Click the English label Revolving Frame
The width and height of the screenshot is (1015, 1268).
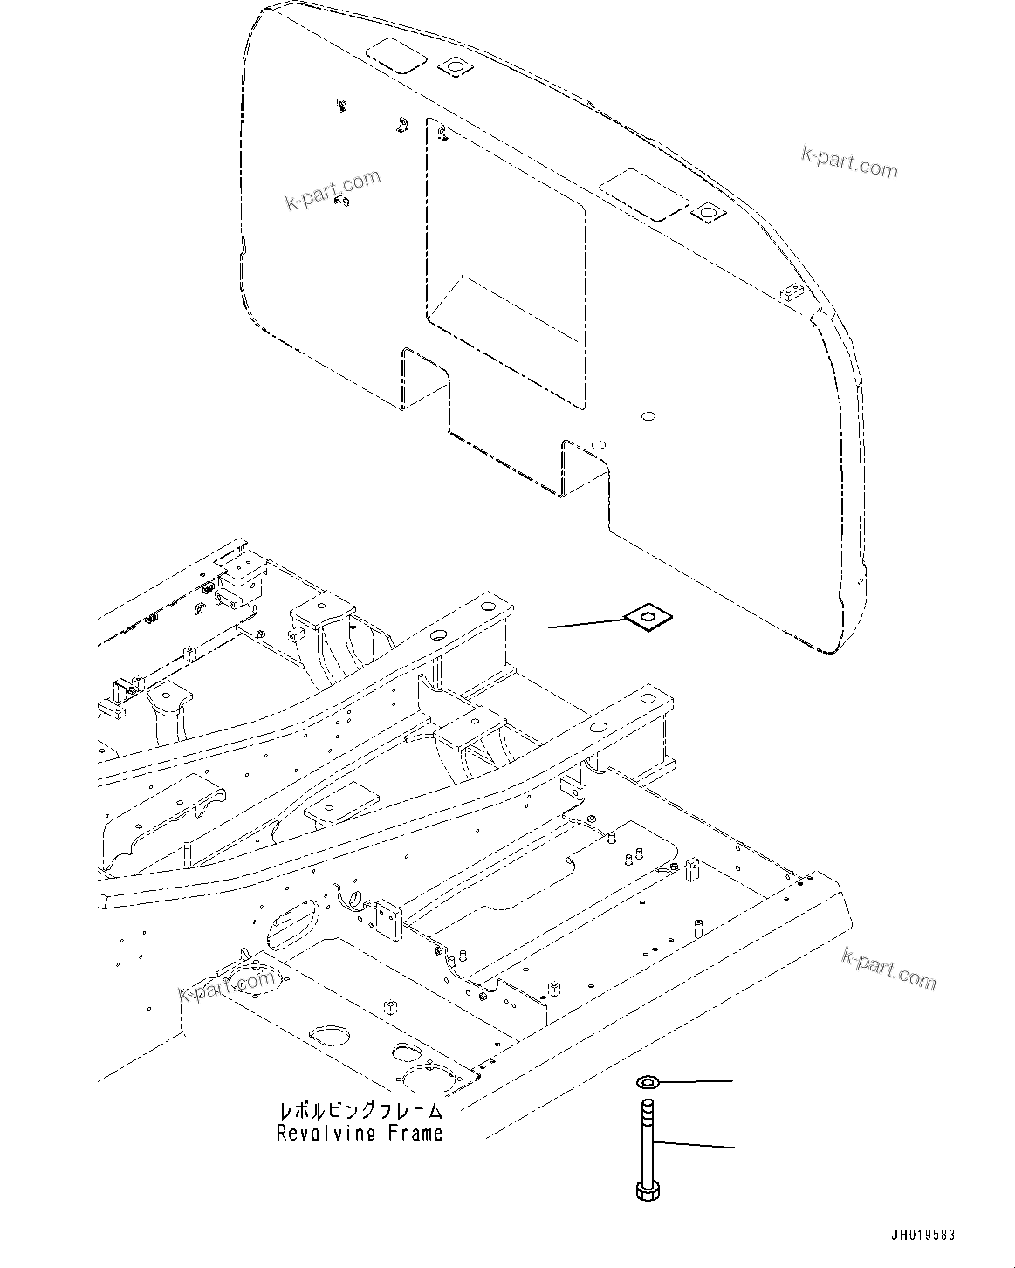[x=360, y=1134]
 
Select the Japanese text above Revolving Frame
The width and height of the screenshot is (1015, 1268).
[x=360, y=1111]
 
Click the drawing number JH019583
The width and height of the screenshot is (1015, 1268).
[x=922, y=1236]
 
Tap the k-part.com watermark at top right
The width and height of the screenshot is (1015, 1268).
[x=849, y=161]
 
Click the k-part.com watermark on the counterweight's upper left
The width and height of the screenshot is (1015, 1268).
[x=333, y=190]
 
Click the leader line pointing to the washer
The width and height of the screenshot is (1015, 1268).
[x=696, y=1082]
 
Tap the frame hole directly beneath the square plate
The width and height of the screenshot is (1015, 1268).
[x=648, y=675]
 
